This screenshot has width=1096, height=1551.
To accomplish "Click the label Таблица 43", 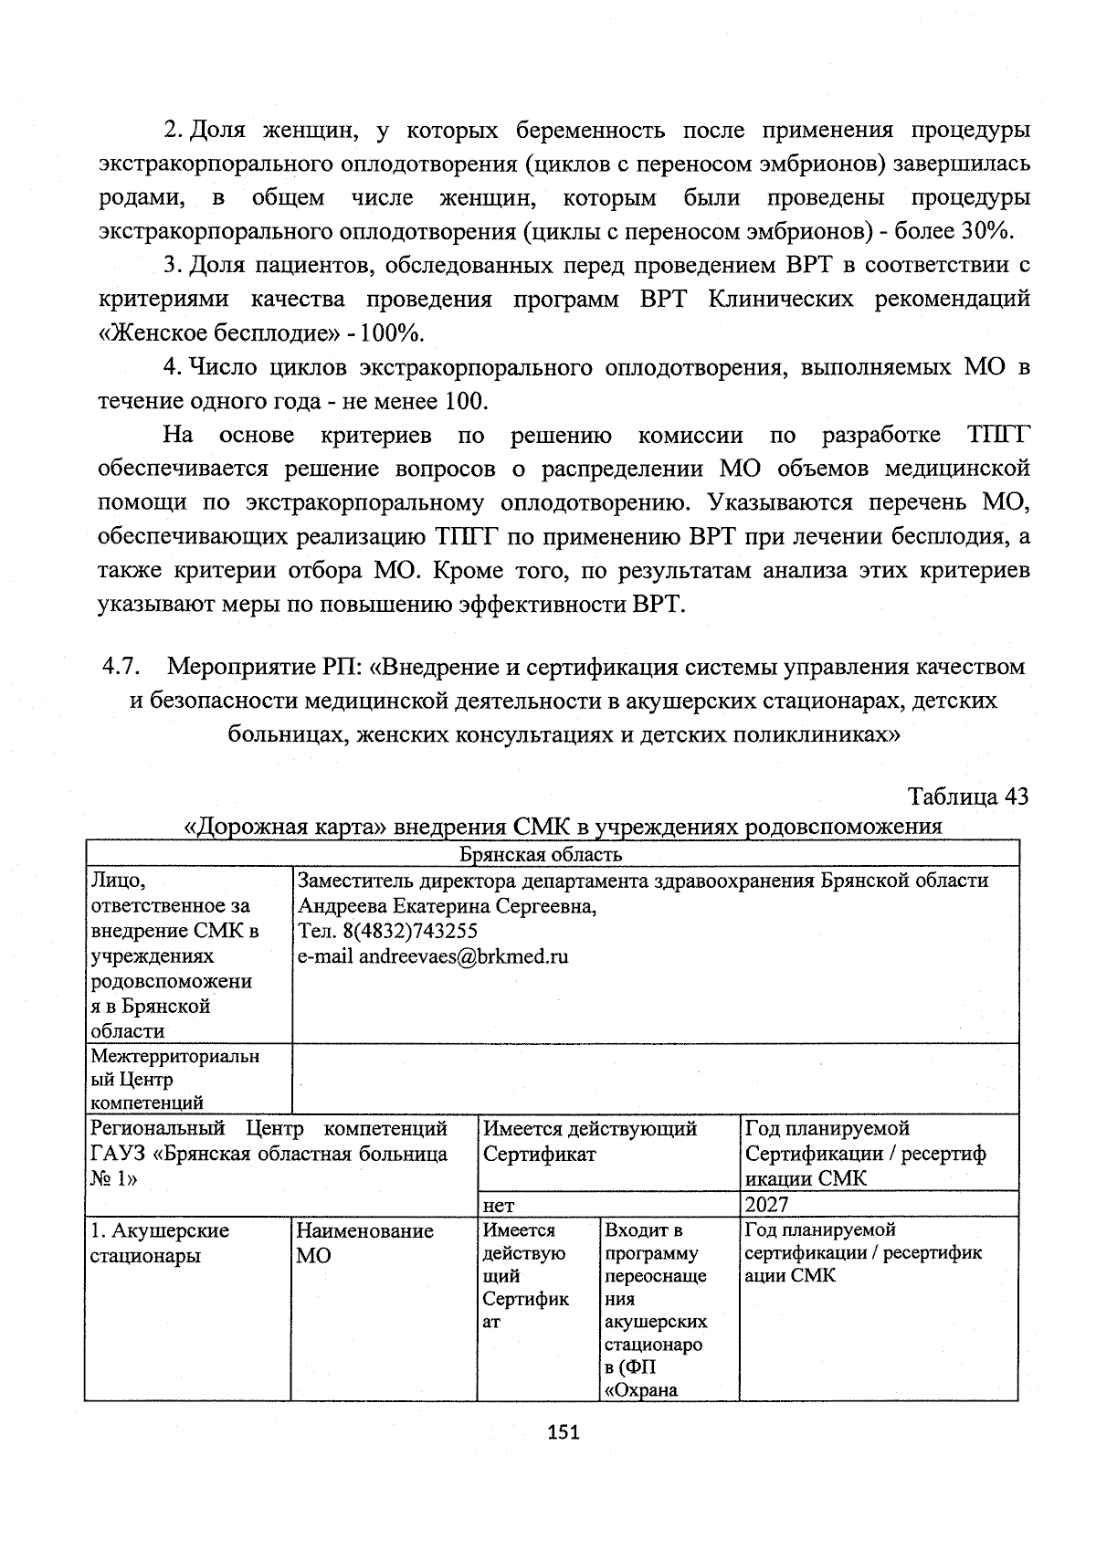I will (x=968, y=797).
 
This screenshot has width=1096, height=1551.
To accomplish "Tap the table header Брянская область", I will (x=541, y=854).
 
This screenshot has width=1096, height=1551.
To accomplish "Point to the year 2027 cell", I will (x=766, y=1205).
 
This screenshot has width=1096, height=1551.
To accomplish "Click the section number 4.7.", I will (x=120, y=667).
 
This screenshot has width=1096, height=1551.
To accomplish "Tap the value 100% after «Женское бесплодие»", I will (x=395, y=333).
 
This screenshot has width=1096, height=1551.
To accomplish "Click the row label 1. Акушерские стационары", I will (x=159, y=1243).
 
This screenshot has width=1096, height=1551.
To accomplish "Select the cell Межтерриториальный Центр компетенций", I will (x=174, y=1080).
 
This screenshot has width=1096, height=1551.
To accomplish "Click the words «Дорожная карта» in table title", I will (x=278, y=828).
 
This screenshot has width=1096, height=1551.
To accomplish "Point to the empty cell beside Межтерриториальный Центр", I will (x=654, y=1080).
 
